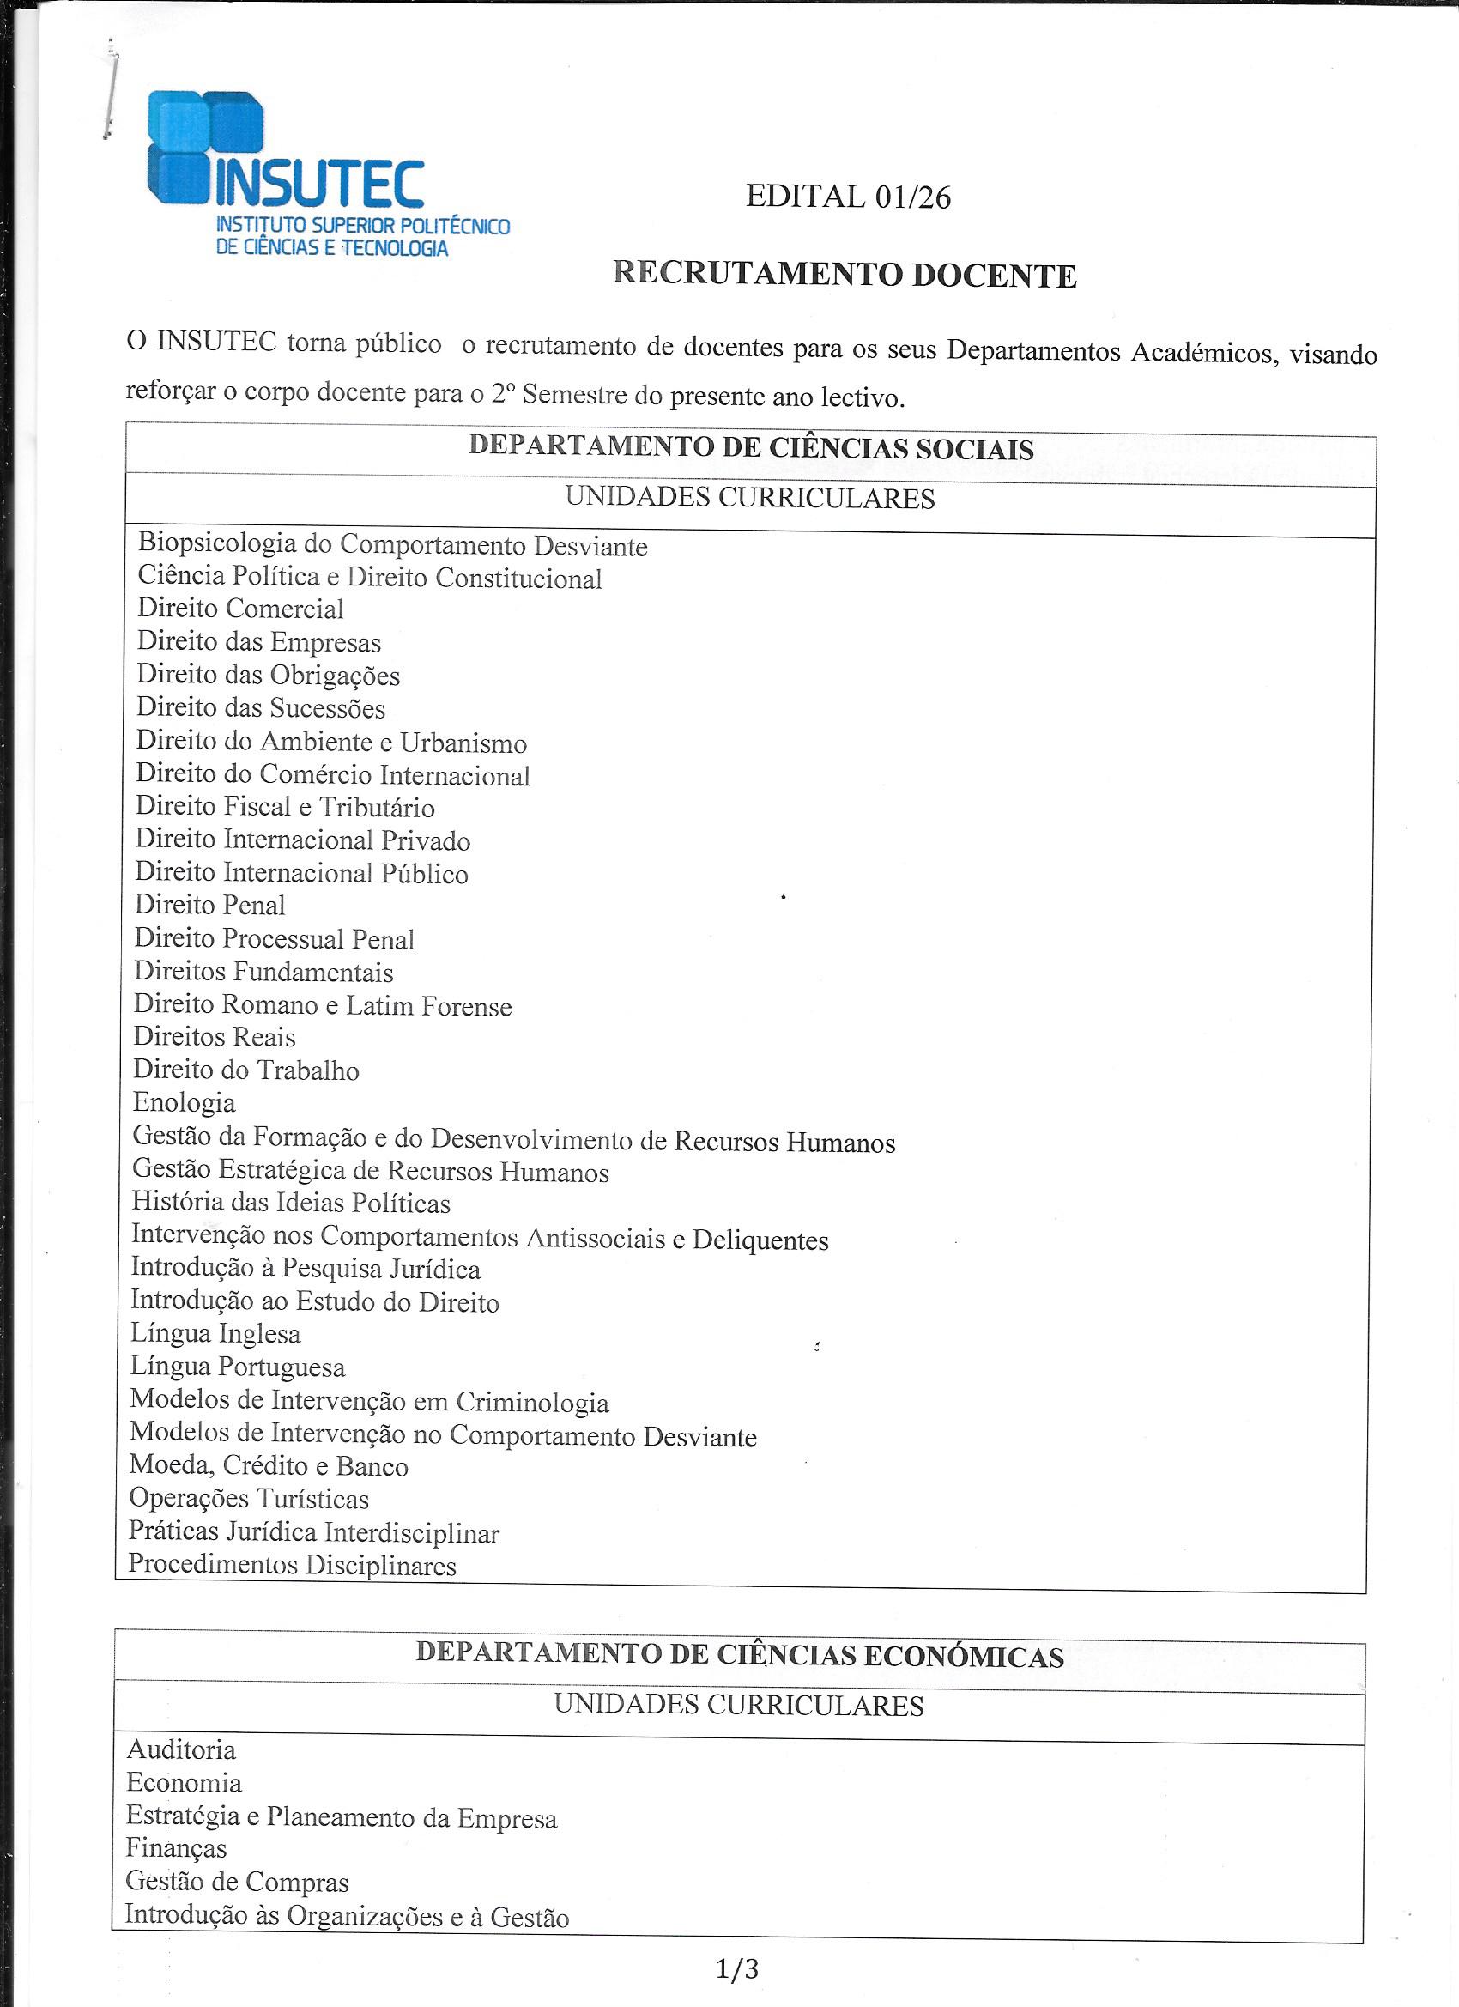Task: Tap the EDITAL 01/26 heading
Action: pyautogui.click(x=848, y=197)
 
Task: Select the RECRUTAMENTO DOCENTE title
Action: pyautogui.click(x=845, y=276)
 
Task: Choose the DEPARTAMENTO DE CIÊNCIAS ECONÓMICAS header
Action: pyautogui.click(x=740, y=1655)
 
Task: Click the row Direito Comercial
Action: pyautogui.click(x=239, y=609)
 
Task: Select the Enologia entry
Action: pyautogui.click(x=184, y=1102)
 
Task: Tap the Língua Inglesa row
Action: pyautogui.click(x=215, y=1334)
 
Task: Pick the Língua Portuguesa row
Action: pyautogui.click(x=237, y=1367)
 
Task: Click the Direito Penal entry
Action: pyautogui.click(x=209, y=906)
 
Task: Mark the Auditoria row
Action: pyautogui.click(x=181, y=1749)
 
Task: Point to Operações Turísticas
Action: pyautogui.click(x=249, y=1499)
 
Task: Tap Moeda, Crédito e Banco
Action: pyautogui.click(x=268, y=1466)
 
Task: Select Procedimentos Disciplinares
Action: pyautogui.click(x=292, y=1566)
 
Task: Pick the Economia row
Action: pyautogui.click(x=183, y=1783)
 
